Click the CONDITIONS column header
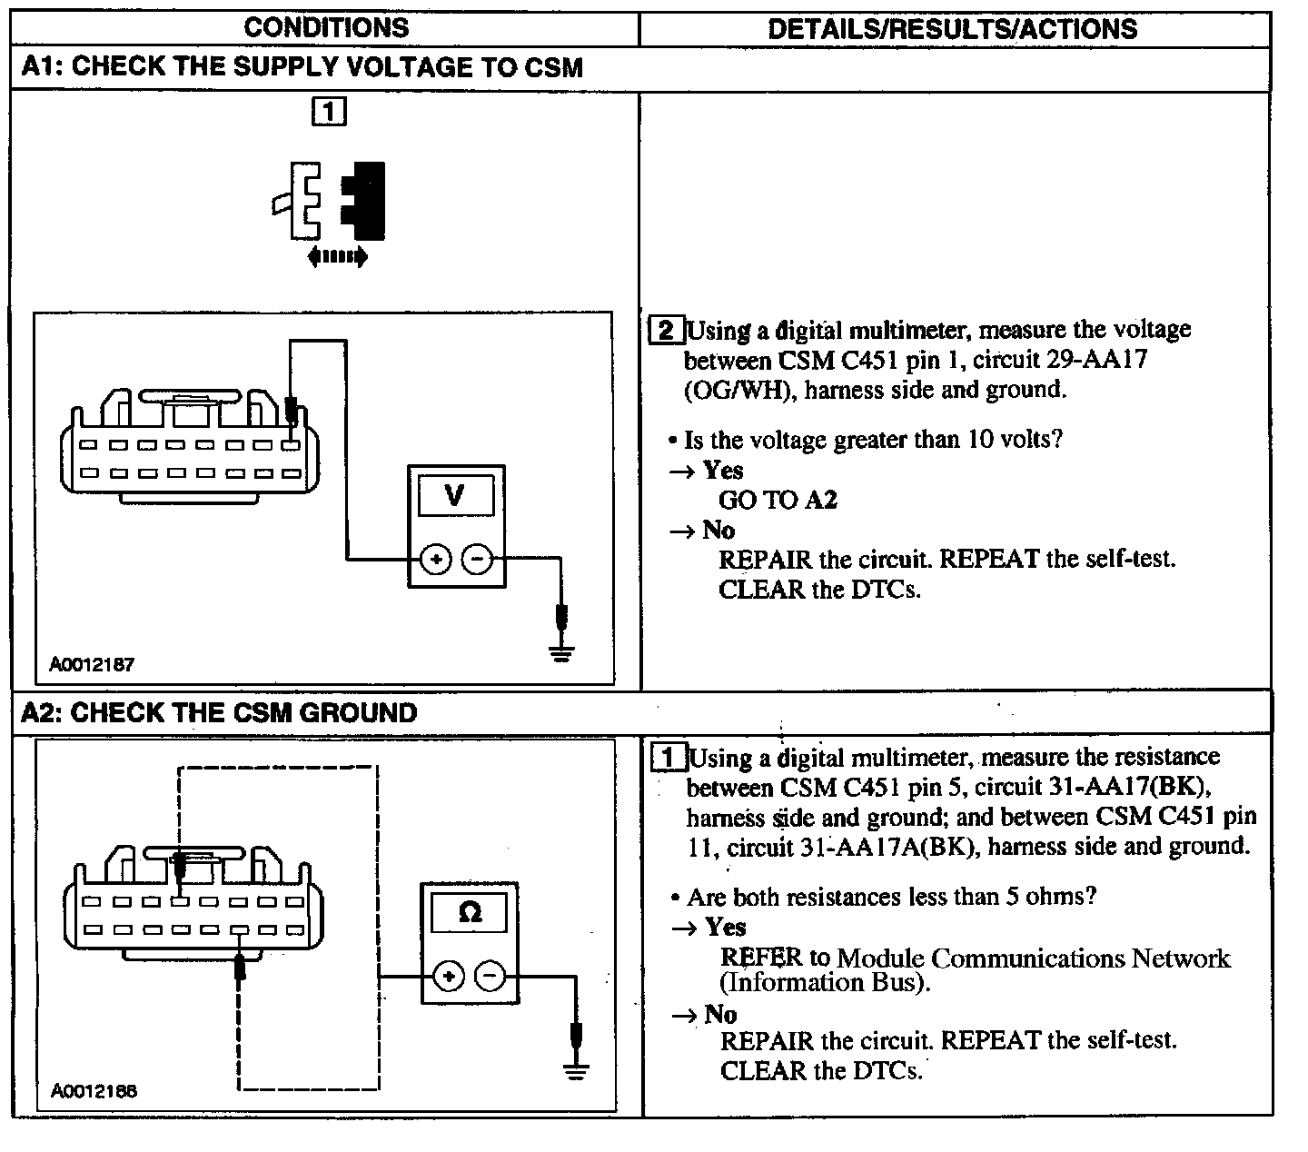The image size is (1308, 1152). coord(326,27)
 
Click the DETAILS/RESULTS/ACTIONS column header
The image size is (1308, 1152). coord(952,29)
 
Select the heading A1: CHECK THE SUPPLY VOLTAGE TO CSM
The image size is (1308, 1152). coord(302,68)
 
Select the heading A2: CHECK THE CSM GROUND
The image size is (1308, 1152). coord(219,712)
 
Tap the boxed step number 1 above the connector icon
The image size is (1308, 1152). coord(329,112)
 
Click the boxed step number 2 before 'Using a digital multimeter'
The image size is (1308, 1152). coord(667,330)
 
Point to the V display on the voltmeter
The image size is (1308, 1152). coord(455,496)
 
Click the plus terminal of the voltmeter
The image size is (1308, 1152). coord(436,559)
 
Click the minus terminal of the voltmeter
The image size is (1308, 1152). coord(478,559)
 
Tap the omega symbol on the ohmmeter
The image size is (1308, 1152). coord(470,911)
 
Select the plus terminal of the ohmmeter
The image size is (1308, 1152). coord(448,977)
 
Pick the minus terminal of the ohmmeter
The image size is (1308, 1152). coord(490,977)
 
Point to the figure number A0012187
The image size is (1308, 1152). coord(92,664)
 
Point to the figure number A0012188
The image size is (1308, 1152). coord(94,1090)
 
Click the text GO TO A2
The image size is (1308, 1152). coord(778,500)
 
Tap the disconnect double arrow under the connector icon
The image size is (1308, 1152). coord(337,257)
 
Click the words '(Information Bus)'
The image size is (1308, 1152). coord(825,983)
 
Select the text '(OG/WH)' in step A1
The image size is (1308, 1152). coord(738,391)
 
